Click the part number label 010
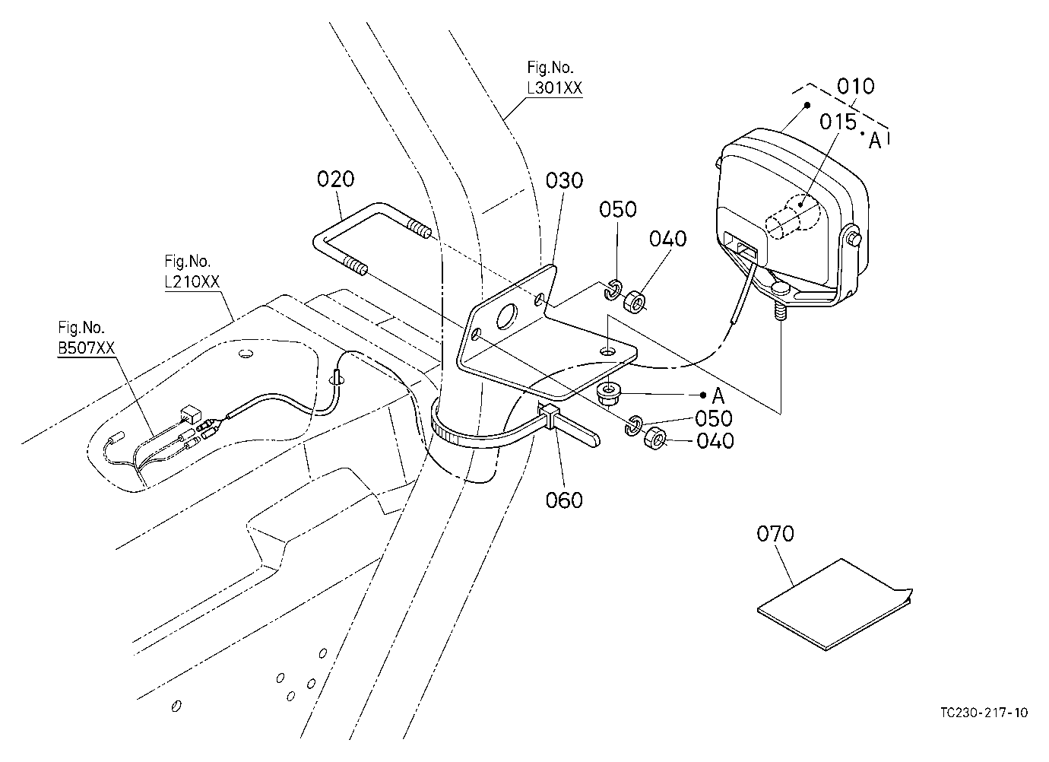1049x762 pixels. [855, 87]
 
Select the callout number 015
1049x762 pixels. [838, 122]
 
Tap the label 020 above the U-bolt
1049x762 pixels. [335, 179]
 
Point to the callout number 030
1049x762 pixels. [564, 180]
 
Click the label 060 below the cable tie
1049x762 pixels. [564, 500]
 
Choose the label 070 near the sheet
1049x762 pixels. [775, 534]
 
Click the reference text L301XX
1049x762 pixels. [554, 87]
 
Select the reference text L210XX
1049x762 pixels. [192, 281]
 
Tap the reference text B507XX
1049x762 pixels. [86, 348]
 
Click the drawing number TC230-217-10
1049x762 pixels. [984, 713]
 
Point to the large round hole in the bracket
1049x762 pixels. [507, 316]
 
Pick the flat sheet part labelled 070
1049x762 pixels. [835, 604]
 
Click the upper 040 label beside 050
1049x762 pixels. [667, 239]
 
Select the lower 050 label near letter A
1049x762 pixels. [713, 418]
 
